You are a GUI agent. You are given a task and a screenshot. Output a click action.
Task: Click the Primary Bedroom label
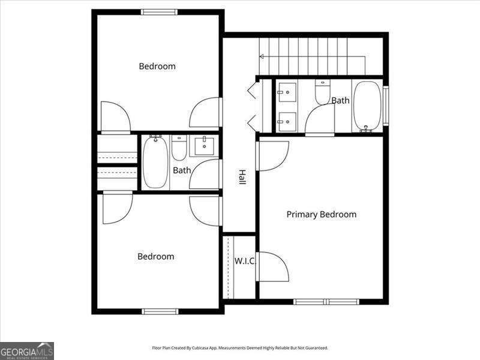click(321, 214)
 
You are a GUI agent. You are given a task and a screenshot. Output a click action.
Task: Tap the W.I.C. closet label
click(245, 261)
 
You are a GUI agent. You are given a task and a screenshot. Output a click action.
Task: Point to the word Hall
click(242, 176)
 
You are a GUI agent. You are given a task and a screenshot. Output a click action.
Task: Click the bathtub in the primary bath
click(367, 106)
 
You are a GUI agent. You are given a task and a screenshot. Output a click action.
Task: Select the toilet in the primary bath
click(322, 92)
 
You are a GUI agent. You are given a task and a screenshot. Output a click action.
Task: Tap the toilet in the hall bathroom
click(179, 148)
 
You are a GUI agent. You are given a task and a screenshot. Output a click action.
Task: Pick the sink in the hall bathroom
click(205, 145)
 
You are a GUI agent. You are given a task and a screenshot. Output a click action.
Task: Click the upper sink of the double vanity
click(287, 93)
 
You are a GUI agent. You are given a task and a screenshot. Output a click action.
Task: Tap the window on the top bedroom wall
click(159, 12)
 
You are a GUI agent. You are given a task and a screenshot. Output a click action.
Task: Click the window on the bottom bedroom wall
click(160, 311)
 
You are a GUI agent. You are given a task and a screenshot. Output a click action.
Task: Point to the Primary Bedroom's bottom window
click(326, 301)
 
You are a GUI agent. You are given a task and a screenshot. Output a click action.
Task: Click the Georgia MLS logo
click(27, 350)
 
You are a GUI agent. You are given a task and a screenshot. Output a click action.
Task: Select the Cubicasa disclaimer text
click(240, 348)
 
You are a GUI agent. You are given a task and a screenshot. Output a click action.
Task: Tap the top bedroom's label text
click(157, 66)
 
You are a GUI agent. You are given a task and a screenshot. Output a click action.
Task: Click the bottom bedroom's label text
click(155, 256)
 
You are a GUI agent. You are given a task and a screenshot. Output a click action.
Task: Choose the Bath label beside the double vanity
click(340, 100)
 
